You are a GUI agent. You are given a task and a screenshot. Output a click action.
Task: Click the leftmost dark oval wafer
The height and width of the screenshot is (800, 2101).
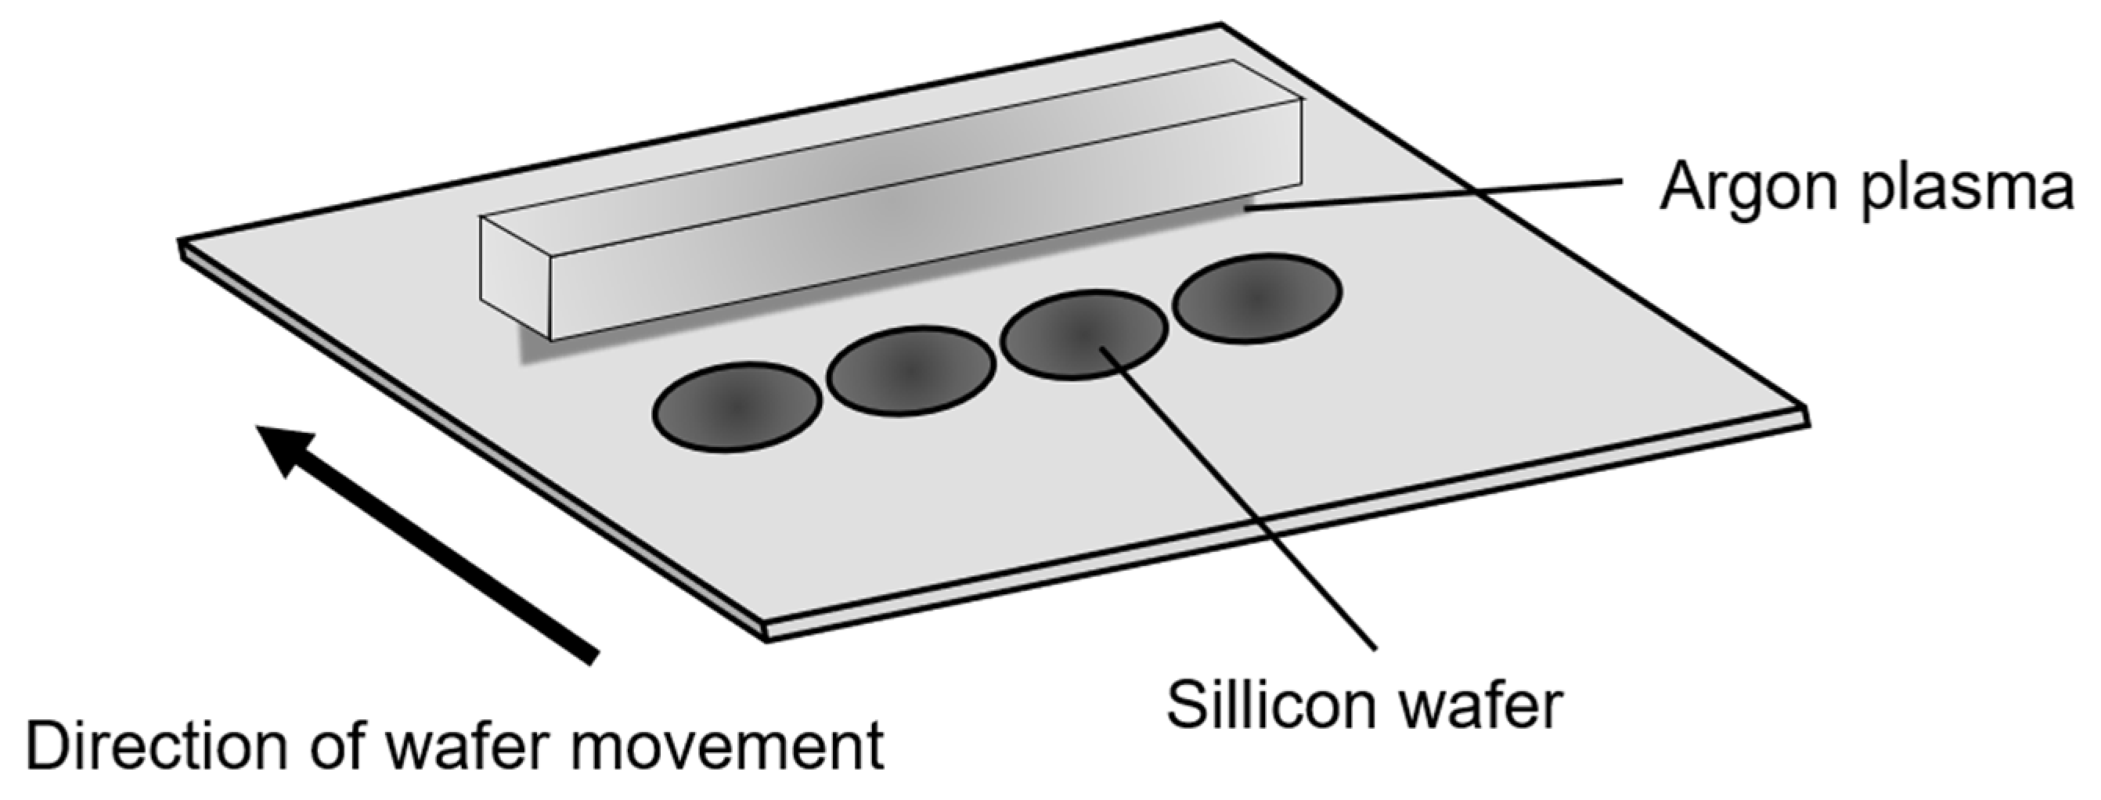pyautogui.click(x=737, y=406)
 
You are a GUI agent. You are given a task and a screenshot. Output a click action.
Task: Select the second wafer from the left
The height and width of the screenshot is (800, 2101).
pyautogui.click(x=910, y=370)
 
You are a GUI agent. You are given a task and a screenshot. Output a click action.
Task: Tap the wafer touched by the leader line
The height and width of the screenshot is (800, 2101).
pyautogui.click(x=1084, y=334)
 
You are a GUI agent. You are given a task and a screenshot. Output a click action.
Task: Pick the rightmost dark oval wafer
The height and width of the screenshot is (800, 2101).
pyautogui.click(x=1257, y=297)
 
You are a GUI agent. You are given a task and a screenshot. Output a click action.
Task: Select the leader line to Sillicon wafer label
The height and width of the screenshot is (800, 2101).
pyautogui.click(x=1240, y=497)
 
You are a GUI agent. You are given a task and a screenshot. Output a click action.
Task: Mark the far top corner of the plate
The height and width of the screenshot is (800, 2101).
pyautogui.click(x=1221, y=26)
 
